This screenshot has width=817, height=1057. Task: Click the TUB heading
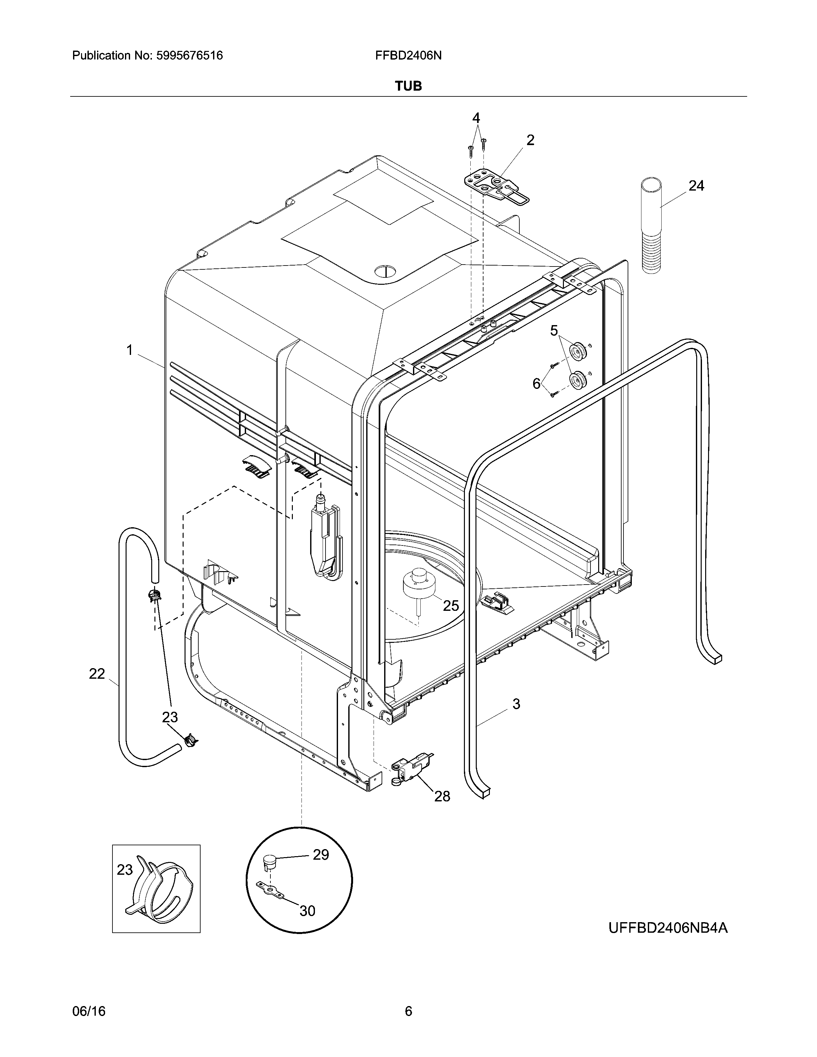click(x=408, y=86)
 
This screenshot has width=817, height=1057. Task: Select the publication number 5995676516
click(x=189, y=56)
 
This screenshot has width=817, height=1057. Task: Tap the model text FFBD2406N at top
click(x=408, y=56)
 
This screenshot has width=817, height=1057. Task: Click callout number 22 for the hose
click(x=97, y=674)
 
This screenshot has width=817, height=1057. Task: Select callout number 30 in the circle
click(x=307, y=911)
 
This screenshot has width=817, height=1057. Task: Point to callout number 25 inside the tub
click(x=450, y=605)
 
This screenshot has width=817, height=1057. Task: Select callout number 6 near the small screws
click(x=536, y=384)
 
